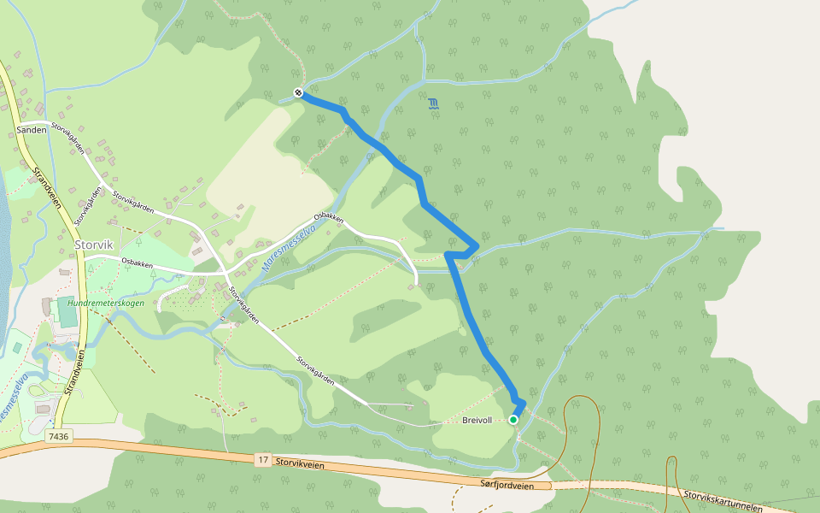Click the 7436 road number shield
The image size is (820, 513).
[x=58, y=436]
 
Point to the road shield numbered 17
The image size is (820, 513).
[x=263, y=460]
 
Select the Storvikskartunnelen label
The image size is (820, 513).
[x=723, y=500]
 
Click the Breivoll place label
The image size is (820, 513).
[x=477, y=421]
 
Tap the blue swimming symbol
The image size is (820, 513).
[x=434, y=104]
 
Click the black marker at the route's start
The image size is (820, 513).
[x=298, y=93]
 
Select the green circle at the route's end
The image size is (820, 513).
[x=513, y=420]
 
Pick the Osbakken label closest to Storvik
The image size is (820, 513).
[x=137, y=264]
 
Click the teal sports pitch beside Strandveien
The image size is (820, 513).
[x=67, y=314]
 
